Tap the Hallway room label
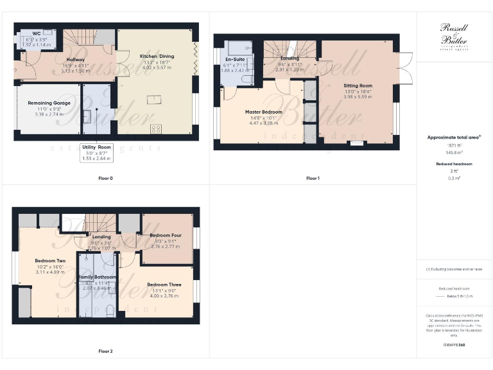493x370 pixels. [x=76, y=59]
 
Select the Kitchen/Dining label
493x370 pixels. [x=157, y=57]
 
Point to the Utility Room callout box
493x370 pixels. [x=96, y=152]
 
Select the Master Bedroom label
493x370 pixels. [x=263, y=112]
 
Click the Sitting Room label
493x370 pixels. [x=358, y=85]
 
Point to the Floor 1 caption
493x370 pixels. [x=313, y=178]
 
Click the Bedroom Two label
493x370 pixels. [x=50, y=260]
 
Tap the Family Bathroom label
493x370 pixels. [x=98, y=277]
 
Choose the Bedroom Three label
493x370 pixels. [x=164, y=285]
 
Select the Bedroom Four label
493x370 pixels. [x=165, y=235]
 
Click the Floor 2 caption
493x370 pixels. [x=106, y=351]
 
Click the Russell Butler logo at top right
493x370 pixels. [x=454, y=35]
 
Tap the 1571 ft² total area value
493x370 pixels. [x=454, y=146]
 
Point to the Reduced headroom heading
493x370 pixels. [x=454, y=164]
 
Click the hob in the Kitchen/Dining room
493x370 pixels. [x=156, y=128]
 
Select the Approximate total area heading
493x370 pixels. [x=454, y=137]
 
